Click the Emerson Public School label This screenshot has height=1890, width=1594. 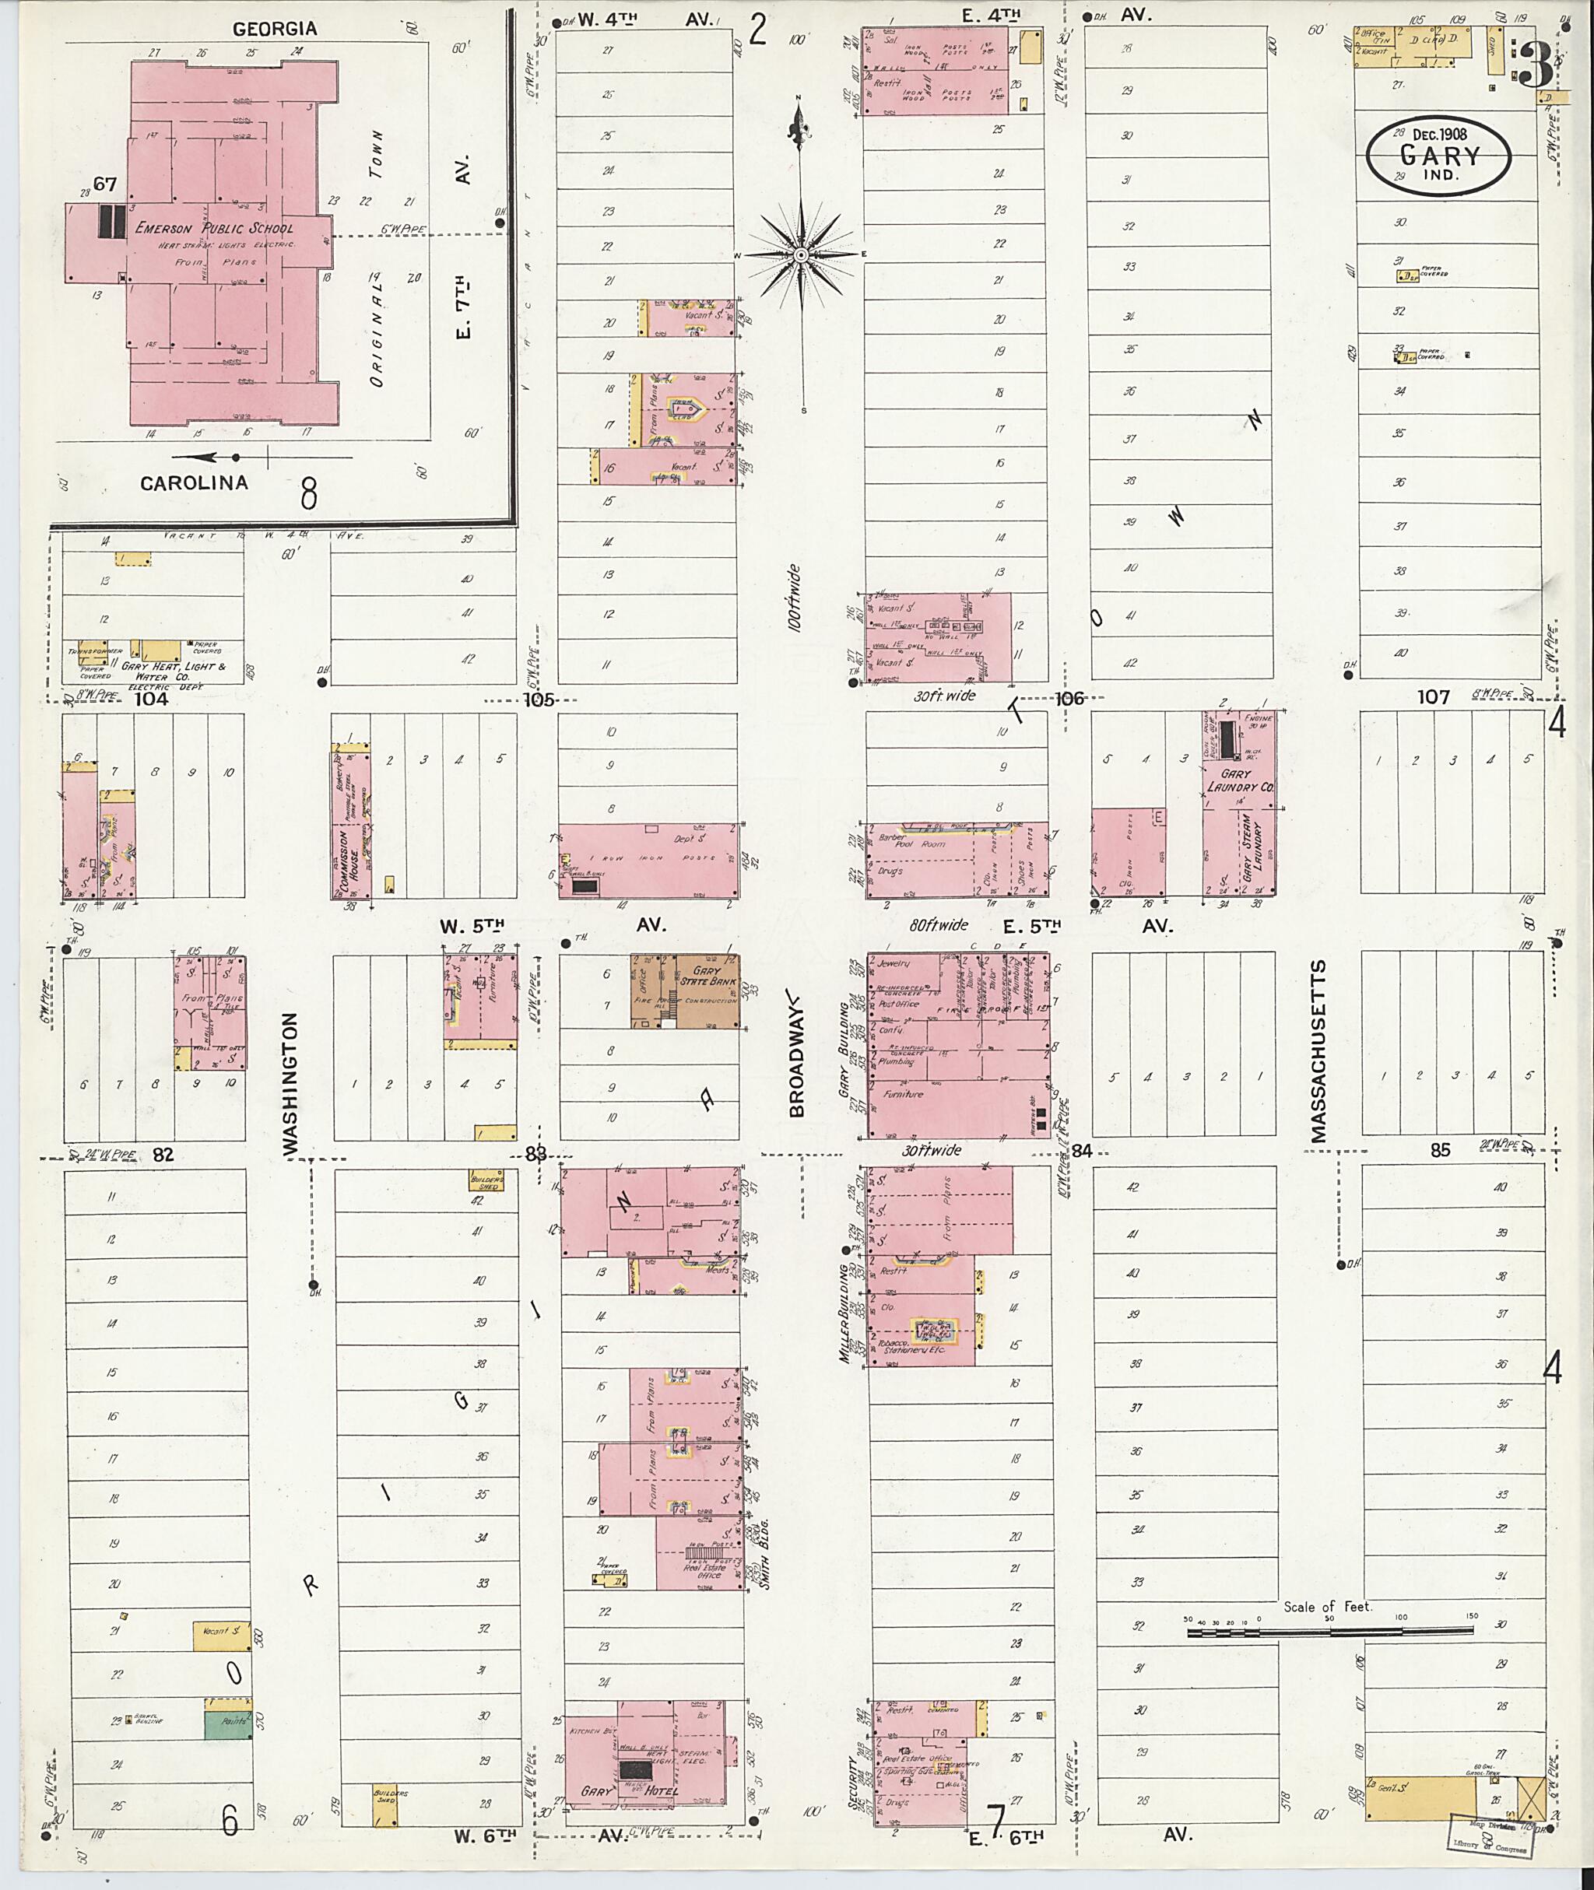pyautogui.click(x=214, y=228)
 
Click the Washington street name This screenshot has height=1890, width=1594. pyautogui.click(x=290, y=1082)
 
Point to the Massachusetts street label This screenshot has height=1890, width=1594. pyautogui.click(x=1318, y=1050)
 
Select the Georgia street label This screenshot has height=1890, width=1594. pyautogui.click(x=275, y=29)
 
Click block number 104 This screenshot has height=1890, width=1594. pyautogui.click(x=151, y=699)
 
